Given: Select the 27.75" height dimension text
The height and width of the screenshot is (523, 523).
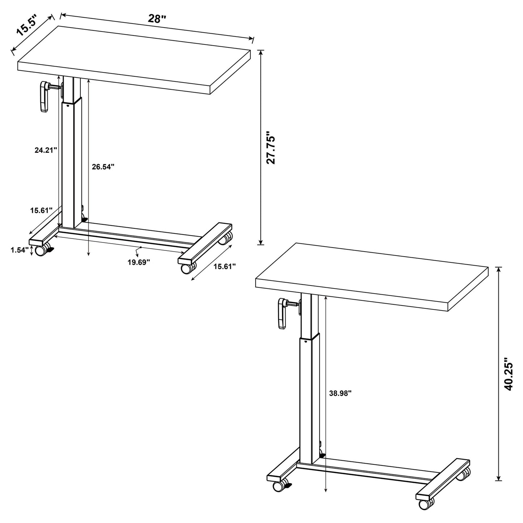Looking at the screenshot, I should coord(271,148).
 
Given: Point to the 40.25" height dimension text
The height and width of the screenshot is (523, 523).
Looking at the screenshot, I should coord(510,374).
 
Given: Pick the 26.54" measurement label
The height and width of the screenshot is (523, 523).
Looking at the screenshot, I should coord(103,167).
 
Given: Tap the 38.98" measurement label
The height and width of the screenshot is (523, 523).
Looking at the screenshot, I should coord(341,393).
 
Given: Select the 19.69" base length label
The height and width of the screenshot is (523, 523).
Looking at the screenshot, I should coord(139,262).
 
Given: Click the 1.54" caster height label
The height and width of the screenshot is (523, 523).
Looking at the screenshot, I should coord(19,250).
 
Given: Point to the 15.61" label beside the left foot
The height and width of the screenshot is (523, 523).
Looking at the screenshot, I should coord(41,210).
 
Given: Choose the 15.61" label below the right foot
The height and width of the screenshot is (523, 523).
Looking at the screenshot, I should coord(224,266).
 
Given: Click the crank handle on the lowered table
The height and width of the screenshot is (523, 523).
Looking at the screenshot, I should coord(44,96).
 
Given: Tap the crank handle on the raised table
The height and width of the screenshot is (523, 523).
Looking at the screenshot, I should coord(282,313).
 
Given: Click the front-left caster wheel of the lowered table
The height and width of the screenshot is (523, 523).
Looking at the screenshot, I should coord(41,250).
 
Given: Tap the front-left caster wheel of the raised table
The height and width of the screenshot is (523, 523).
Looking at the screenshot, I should coord(279,486).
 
